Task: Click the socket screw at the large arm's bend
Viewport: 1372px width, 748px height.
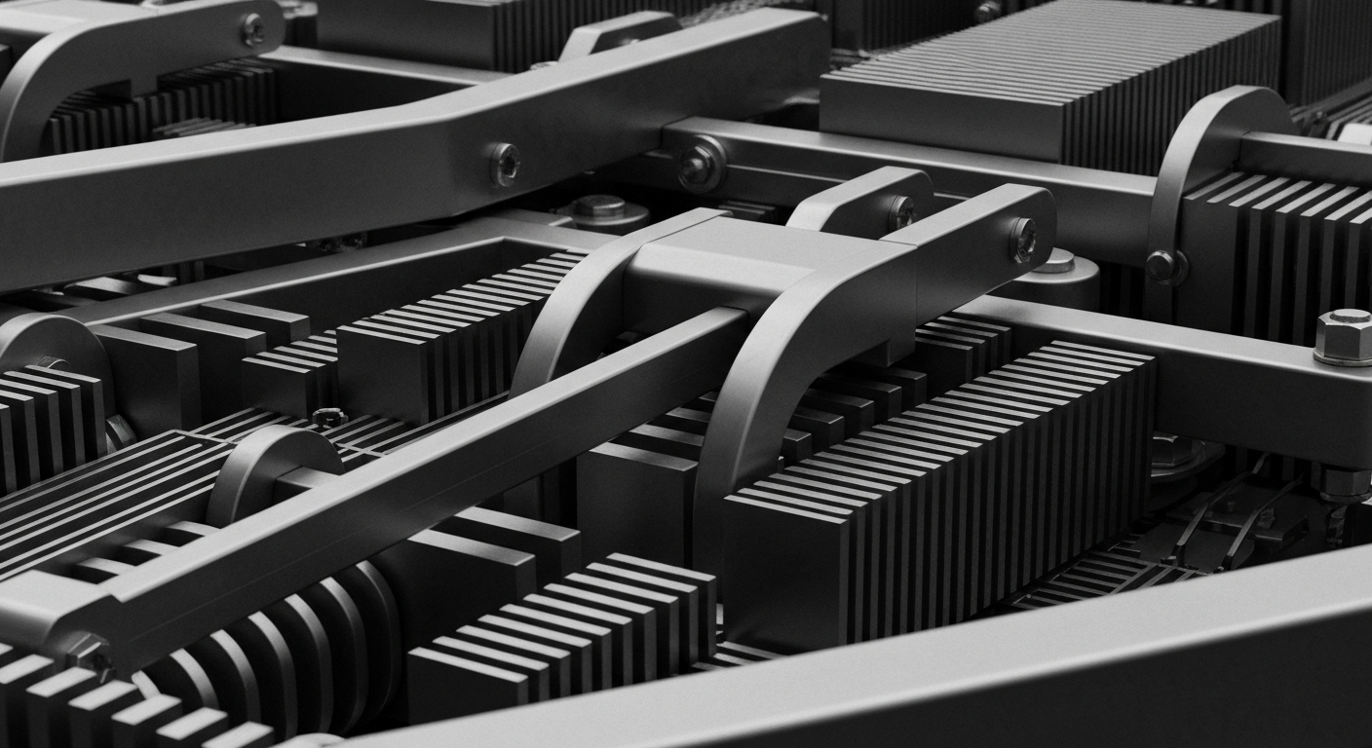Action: click(x=504, y=163)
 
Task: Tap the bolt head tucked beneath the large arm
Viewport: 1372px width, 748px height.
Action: click(x=597, y=206)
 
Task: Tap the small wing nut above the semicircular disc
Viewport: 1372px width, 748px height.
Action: click(x=328, y=417)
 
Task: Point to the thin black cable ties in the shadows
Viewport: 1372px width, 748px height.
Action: click(x=1228, y=516)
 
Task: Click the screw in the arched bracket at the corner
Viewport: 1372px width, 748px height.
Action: click(x=253, y=29)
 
